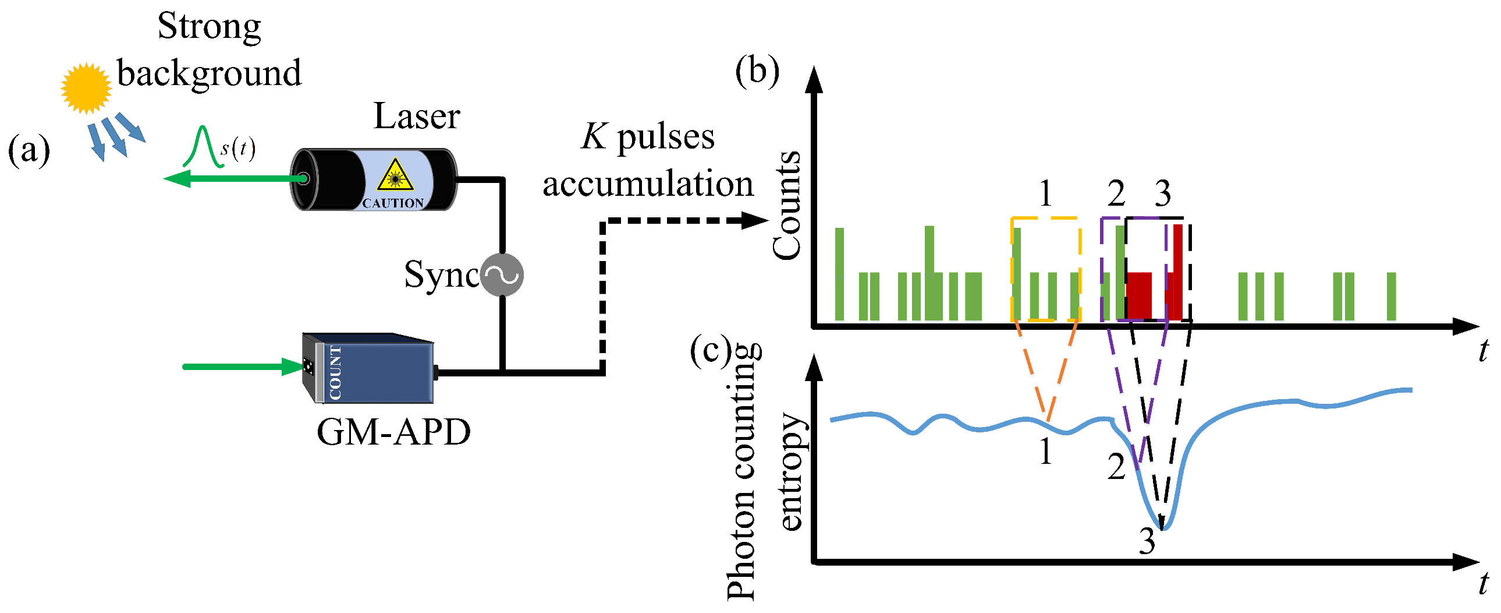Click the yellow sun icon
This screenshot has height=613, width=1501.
click(86, 88)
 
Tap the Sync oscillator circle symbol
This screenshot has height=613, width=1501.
click(502, 274)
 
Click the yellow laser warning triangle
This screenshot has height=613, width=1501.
click(395, 175)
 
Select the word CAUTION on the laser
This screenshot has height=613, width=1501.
click(393, 203)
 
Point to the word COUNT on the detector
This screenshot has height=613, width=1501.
click(335, 373)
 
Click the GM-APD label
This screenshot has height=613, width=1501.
click(393, 432)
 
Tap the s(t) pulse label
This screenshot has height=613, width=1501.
click(237, 149)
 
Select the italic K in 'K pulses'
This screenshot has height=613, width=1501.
click(594, 137)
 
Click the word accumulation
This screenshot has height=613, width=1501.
click(648, 184)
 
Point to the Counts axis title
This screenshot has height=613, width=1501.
click(787, 205)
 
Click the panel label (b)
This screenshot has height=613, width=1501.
click(757, 72)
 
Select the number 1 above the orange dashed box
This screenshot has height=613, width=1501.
click(1045, 193)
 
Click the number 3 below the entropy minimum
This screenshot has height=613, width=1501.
click(1147, 541)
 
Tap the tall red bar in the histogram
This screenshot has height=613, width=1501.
click(1177, 272)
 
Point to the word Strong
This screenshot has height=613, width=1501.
click(209, 27)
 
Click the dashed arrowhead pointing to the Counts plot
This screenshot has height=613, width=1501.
click(756, 220)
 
